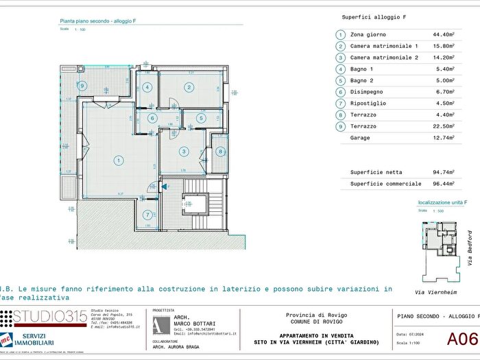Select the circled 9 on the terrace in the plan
click(82, 86)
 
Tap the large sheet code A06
click(462, 337)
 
